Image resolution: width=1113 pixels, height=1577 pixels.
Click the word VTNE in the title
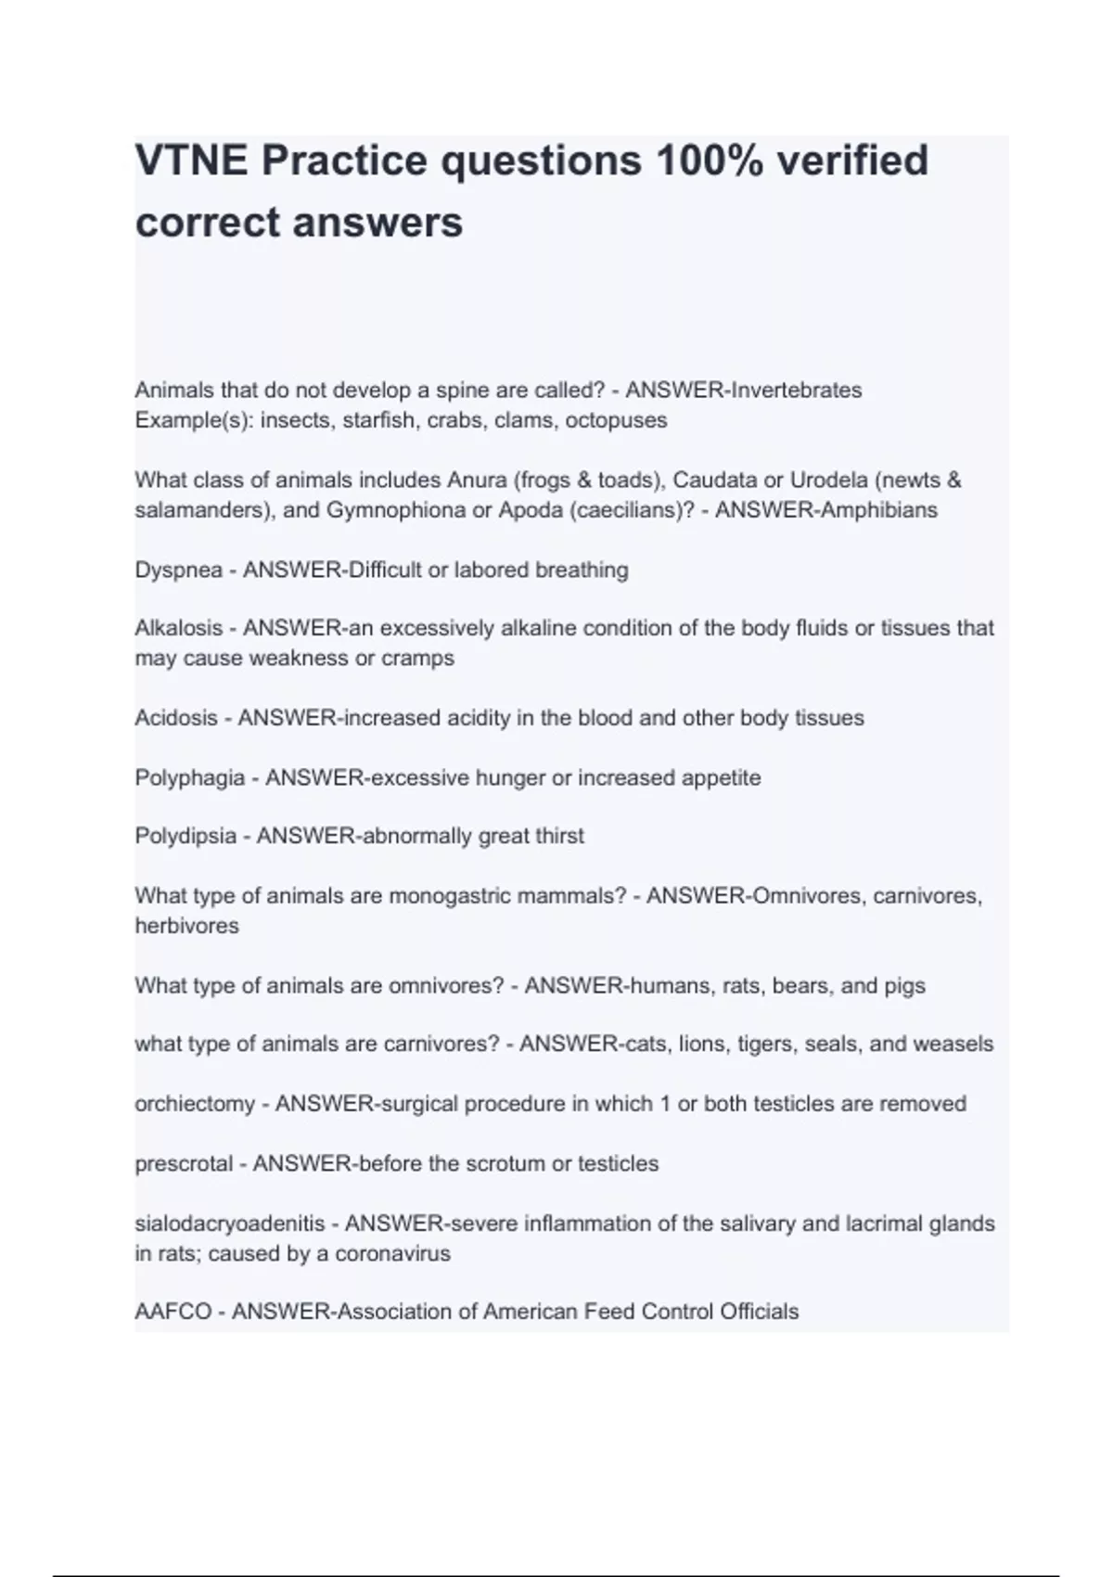[x=190, y=160]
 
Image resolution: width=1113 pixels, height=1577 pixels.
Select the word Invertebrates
[x=797, y=391]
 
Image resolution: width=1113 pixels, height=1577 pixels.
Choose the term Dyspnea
[x=178, y=571]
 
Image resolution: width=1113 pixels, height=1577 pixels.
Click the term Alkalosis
[x=179, y=629]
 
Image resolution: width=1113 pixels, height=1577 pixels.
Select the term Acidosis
[x=176, y=718]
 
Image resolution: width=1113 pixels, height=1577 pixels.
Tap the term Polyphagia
[x=189, y=778]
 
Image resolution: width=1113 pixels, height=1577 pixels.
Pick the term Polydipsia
[x=185, y=837]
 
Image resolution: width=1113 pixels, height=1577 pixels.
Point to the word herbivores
[x=186, y=926]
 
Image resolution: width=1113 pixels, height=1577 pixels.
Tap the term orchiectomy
[x=194, y=1104]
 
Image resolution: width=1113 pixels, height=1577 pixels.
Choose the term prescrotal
[x=182, y=1164]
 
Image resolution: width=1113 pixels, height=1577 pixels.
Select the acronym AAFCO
[x=173, y=1313]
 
